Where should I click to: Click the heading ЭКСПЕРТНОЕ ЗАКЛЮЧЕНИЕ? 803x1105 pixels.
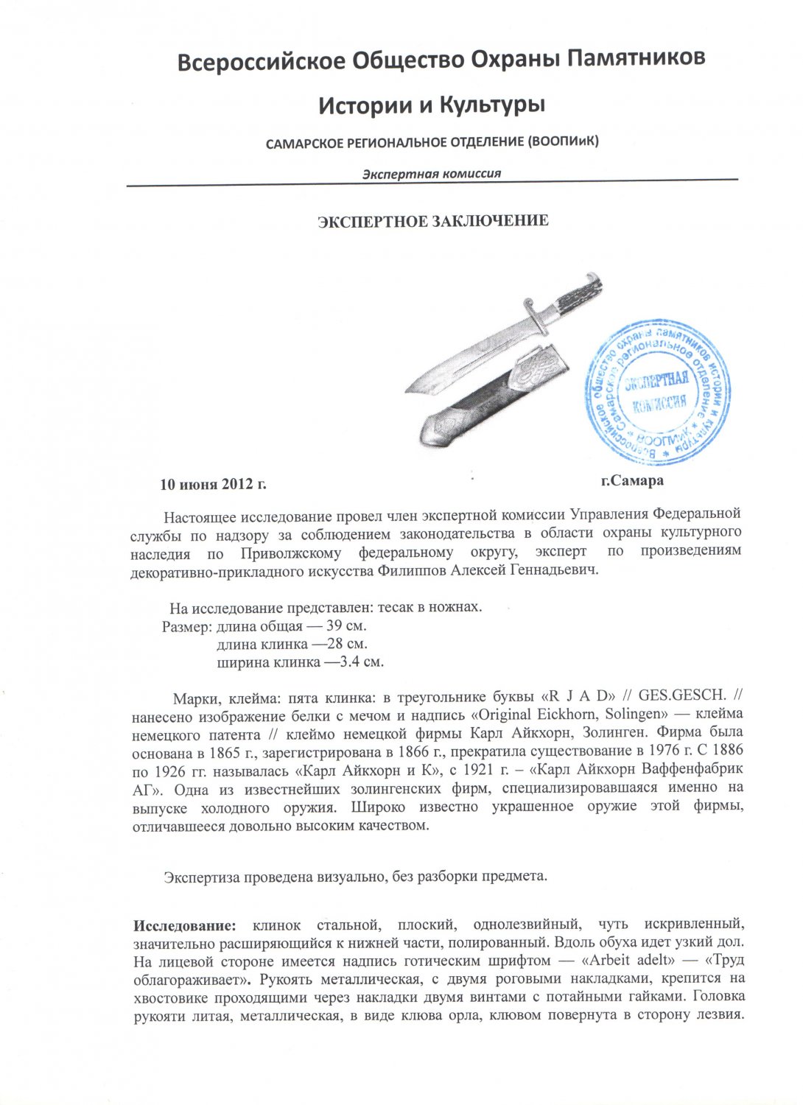coord(432,221)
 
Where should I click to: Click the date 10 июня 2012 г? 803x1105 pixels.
coord(213,485)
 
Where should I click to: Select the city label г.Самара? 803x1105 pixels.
coord(631,481)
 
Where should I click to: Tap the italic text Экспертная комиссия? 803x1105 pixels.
coord(432,174)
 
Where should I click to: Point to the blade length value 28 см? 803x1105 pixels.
coord(346,644)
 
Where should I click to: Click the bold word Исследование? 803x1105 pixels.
coord(185,925)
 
